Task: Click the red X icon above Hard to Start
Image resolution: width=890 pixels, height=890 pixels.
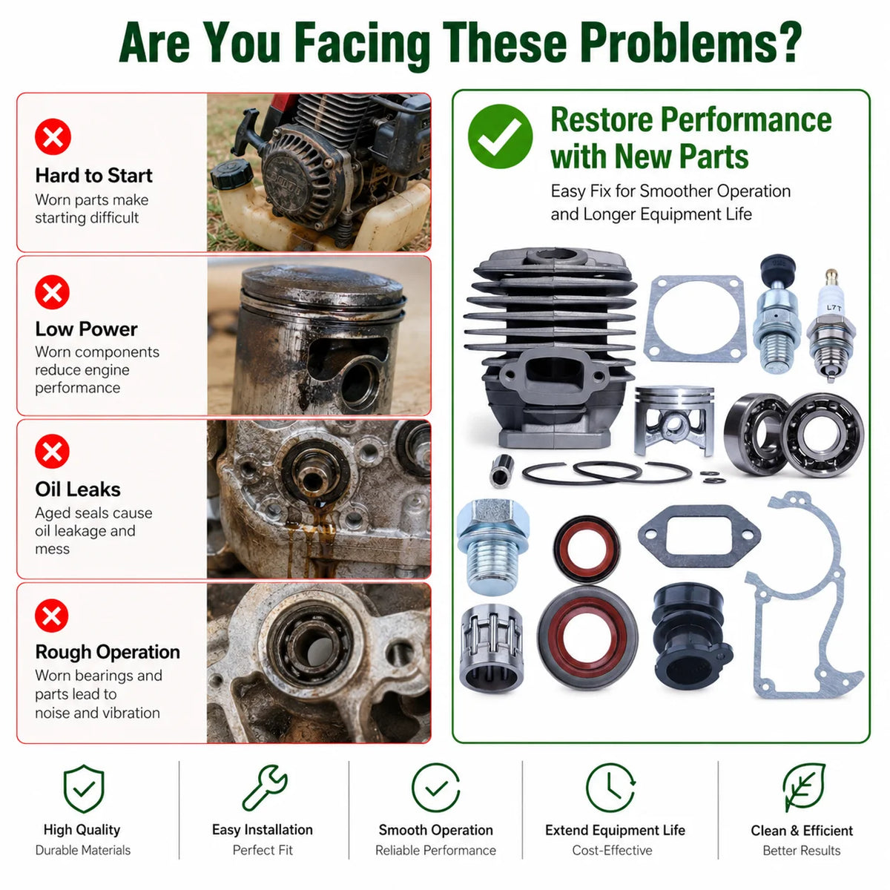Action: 53,136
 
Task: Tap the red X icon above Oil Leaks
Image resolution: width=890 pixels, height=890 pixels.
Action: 52,451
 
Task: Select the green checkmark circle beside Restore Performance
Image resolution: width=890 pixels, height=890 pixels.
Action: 500,136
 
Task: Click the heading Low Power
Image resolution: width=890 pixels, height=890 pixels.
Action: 86,329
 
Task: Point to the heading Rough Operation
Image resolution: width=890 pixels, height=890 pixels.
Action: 108,652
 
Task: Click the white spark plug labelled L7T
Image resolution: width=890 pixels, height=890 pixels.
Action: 831,326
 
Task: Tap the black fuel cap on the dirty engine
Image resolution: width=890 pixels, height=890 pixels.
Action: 232,174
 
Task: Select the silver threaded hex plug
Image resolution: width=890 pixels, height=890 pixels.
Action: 492,547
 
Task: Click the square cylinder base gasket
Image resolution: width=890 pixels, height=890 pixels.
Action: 695,320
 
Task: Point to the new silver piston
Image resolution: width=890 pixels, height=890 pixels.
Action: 674,420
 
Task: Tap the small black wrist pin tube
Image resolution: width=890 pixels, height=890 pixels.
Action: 502,471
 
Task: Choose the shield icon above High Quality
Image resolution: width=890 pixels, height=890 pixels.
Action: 84,788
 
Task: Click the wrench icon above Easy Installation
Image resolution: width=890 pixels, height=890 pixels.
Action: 265,788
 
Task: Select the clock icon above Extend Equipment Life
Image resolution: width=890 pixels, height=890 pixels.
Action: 610,788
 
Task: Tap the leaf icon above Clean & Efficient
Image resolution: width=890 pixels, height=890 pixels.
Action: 804,788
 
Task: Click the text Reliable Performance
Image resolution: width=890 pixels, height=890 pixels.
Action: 435,850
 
